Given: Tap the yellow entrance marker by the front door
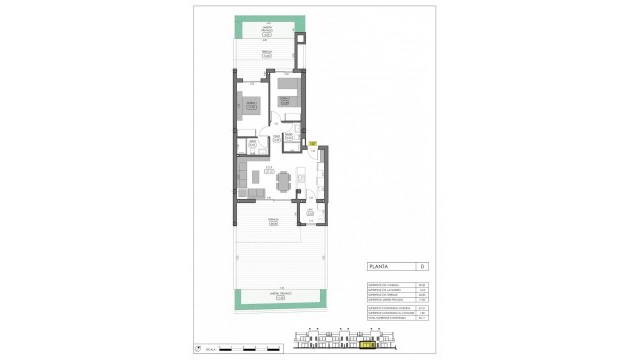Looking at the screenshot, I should [x=312, y=145].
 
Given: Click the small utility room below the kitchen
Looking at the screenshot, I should [x=310, y=212].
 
